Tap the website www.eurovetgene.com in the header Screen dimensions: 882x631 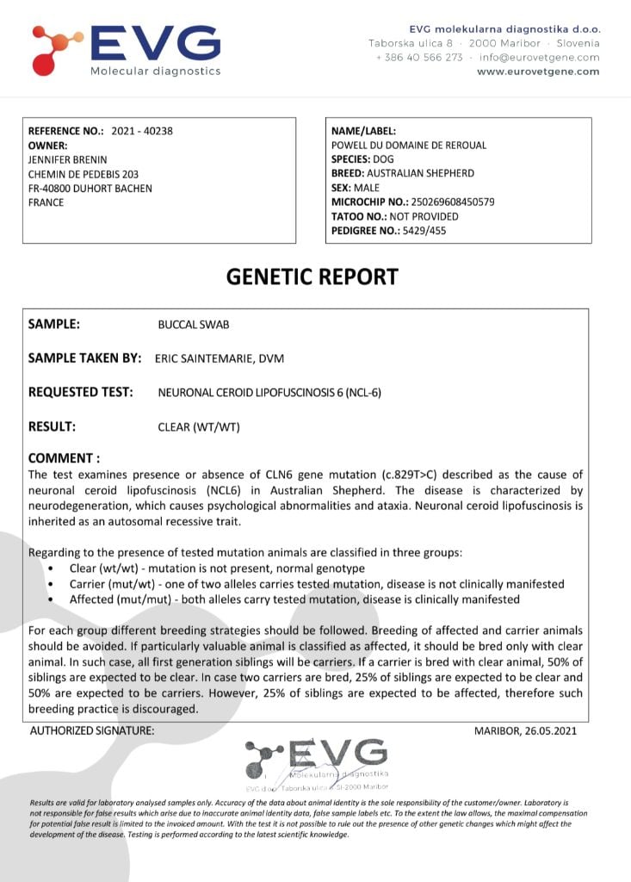(538, 71)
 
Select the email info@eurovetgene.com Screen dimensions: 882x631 (539, 58)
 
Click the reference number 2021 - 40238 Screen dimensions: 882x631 (142, 131)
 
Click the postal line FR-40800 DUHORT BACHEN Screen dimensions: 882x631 (90, 189)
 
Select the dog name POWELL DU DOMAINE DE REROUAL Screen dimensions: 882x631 (409, 145)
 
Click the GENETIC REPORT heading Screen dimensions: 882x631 (312, 276)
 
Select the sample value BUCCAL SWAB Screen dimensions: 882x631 (194, 326)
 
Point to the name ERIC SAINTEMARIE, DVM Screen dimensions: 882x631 (232, 358)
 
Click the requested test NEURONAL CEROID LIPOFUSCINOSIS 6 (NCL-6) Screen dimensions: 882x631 (269, 393)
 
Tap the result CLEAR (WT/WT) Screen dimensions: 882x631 (199, 426)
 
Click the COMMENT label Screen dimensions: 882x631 (64, 458)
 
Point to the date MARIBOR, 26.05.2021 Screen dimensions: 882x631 (525, 731)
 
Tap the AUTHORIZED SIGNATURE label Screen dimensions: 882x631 (92, 731)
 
